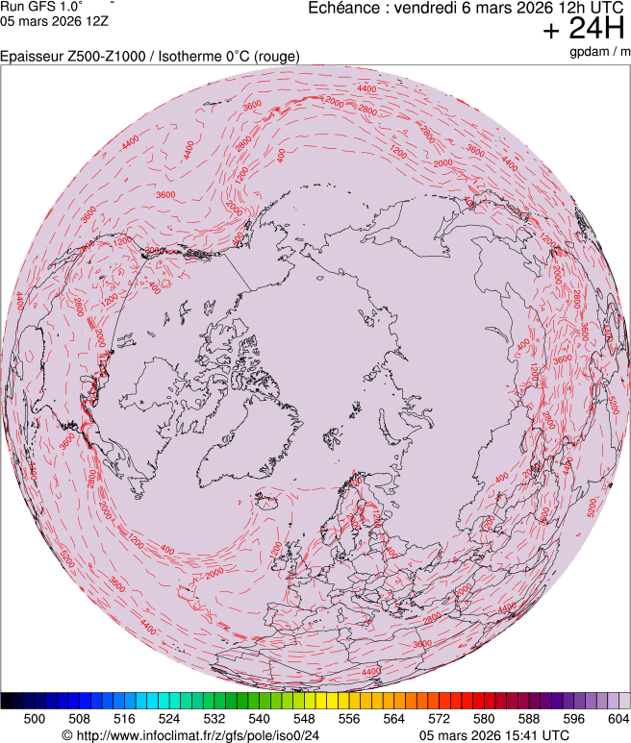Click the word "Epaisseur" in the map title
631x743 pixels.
pos(32,57)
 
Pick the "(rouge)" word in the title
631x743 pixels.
pos(276,57)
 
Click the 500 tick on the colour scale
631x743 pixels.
pos(35,718)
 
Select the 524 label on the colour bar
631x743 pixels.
pos(169,718)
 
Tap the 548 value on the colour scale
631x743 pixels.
pos(304,718)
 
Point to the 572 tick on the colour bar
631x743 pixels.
pos(439,718)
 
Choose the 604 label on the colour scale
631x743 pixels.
pos(618,718)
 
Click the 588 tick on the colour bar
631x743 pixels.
pos(528,718)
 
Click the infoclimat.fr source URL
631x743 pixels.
pos(190,735)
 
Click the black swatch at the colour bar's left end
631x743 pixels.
pos(8,701)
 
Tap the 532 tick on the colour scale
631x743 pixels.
pos(215,718)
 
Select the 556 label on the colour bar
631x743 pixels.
pos(349,718)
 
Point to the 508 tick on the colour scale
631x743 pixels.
pos(80,718)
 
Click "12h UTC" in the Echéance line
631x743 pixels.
pos(585,8)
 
